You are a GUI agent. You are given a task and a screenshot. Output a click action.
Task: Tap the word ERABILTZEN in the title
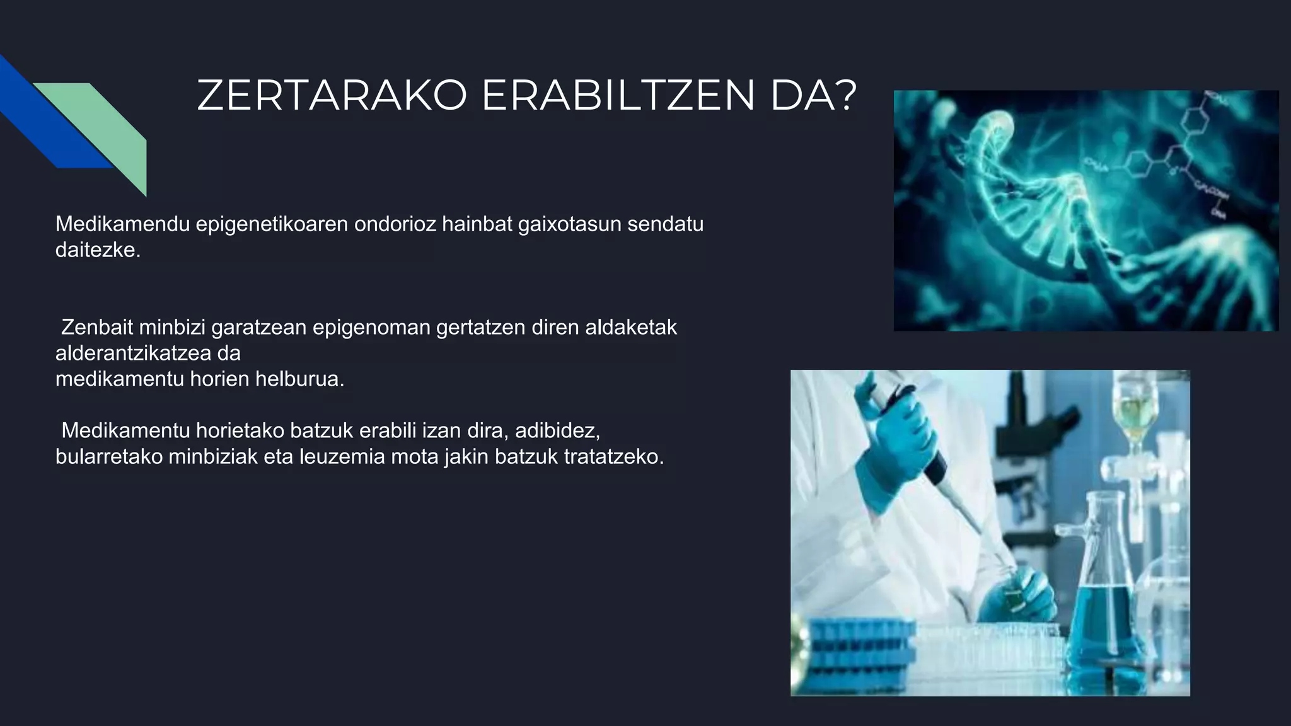[x=618, y=96]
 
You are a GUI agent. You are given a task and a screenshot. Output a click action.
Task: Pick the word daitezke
[x=98, y=250]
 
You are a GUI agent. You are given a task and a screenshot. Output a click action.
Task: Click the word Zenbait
[x=96, y=327]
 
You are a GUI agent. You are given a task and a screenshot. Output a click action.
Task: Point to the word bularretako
[x=109, y=456]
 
